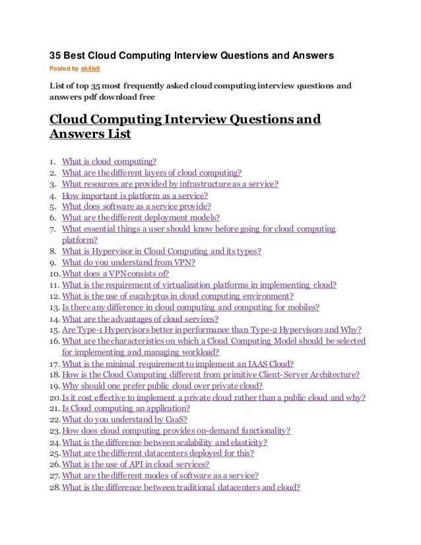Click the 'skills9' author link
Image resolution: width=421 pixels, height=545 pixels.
point(90,68)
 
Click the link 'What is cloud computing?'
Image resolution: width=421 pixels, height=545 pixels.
point(109,161)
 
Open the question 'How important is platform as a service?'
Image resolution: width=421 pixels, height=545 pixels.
point(135,195)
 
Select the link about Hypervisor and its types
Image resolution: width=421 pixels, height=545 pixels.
point(161,251)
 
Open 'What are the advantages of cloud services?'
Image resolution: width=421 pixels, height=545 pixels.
point(139,318)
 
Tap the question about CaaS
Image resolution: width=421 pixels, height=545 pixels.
point(124,420)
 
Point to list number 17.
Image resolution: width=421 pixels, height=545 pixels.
point(55,364)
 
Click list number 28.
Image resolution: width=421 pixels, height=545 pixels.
point(55,488)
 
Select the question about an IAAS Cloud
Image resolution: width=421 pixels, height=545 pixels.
point(178,364)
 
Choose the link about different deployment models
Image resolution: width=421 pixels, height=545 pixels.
point(141,217)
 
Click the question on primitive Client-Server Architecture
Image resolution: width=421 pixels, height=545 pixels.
point(210,374)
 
